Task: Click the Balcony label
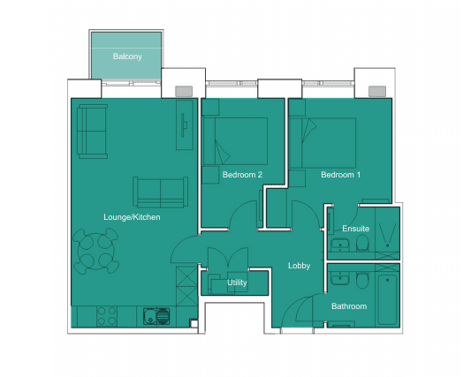tap(127, 57)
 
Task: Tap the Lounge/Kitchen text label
tap(132, 217)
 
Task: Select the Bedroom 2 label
tap(242, 175)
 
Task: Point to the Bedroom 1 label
tap(341, 175)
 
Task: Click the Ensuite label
tap(356, 229)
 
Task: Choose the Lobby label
tap(300, 266)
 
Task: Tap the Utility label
tap(237, 283)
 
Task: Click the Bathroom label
tap(349, 306)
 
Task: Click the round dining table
tap(96, 252)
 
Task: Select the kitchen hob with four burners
tap(107, 316)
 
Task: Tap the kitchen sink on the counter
tap(156, 316)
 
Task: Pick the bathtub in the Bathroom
tap(387, 299)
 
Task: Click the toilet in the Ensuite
tap(362, 244)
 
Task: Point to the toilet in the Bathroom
tap(362, 281)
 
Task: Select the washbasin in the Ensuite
tap(340, 245)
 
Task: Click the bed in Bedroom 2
tap(235, 141)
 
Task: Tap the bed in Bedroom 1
tap(323, 143)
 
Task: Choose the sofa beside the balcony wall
tap(92, 132)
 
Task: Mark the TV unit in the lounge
tap(185, 124)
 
